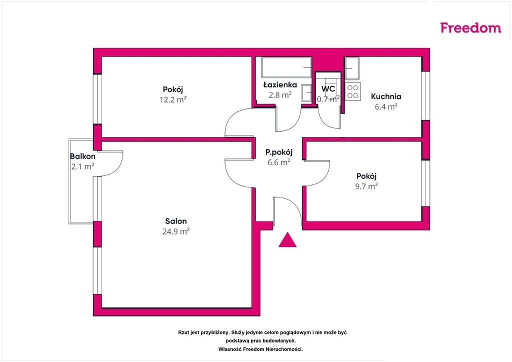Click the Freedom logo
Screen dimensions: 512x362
click(470, 27)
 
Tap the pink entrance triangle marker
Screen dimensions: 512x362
click(287, 240)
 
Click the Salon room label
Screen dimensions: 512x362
click(176, 221)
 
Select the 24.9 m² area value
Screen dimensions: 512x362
click(176, 231)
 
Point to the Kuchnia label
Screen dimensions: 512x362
click(386, 96)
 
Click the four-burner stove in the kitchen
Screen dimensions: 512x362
click(352, 91)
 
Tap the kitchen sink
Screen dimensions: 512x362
click(352, 68)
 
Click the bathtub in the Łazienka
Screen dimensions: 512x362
click(286, 67)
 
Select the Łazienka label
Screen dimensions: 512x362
click(280, 85)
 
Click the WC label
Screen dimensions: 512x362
click(328, 89)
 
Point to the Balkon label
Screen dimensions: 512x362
click(82, 156)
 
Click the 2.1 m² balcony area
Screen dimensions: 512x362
click(82, 166)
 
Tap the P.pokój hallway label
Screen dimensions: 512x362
click(279, 152)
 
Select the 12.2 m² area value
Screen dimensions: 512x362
click(173, 99)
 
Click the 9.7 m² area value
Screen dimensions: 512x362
click(366, 186)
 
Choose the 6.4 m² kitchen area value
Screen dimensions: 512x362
click(386, 106)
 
